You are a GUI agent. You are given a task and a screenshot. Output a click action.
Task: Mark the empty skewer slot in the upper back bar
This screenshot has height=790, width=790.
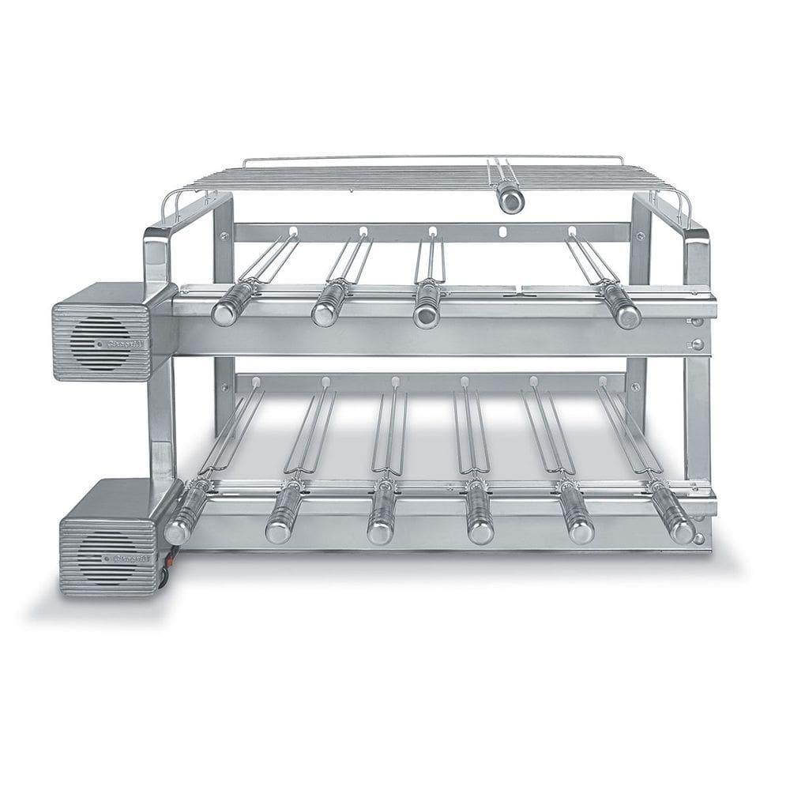503,233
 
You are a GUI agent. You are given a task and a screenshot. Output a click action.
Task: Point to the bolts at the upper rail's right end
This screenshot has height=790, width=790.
697,333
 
